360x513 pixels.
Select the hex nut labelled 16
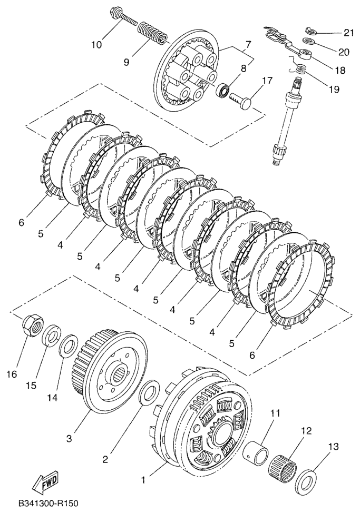pyautogui.click(x=32, y=324)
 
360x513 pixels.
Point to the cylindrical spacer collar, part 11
pyautogui.click(x=255, y=450)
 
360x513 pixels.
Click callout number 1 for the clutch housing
pyautogui.click(x=143, y=480)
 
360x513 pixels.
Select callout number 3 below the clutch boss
pyautogui.click(x=69, y=438)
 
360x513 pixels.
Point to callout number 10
pyautogui.click(x=96, y=44)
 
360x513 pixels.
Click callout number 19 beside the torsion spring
pyautogui.click(x=334, y=89)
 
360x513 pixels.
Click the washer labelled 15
pyautogui.click(x=51, y=336)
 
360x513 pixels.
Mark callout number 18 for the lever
pyautogui.click(x=340, y=70)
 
